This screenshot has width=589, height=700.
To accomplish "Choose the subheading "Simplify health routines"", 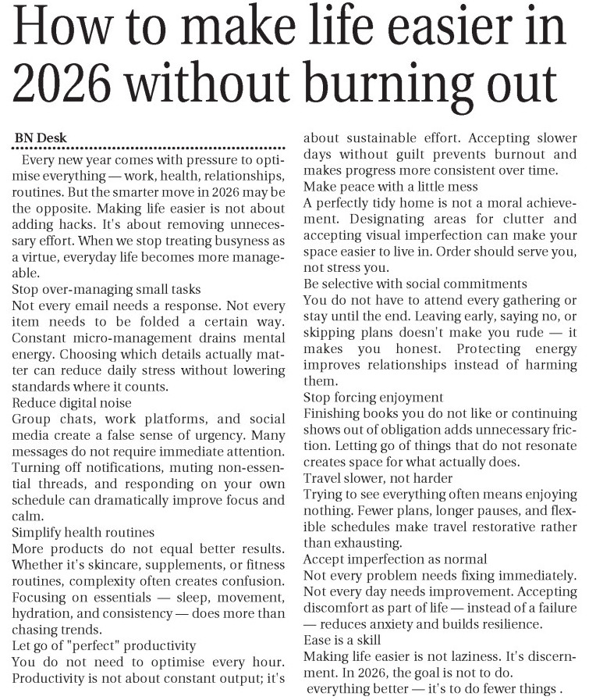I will [x=83, y=532].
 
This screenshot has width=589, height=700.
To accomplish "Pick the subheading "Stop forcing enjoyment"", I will [x=374, y=397].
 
